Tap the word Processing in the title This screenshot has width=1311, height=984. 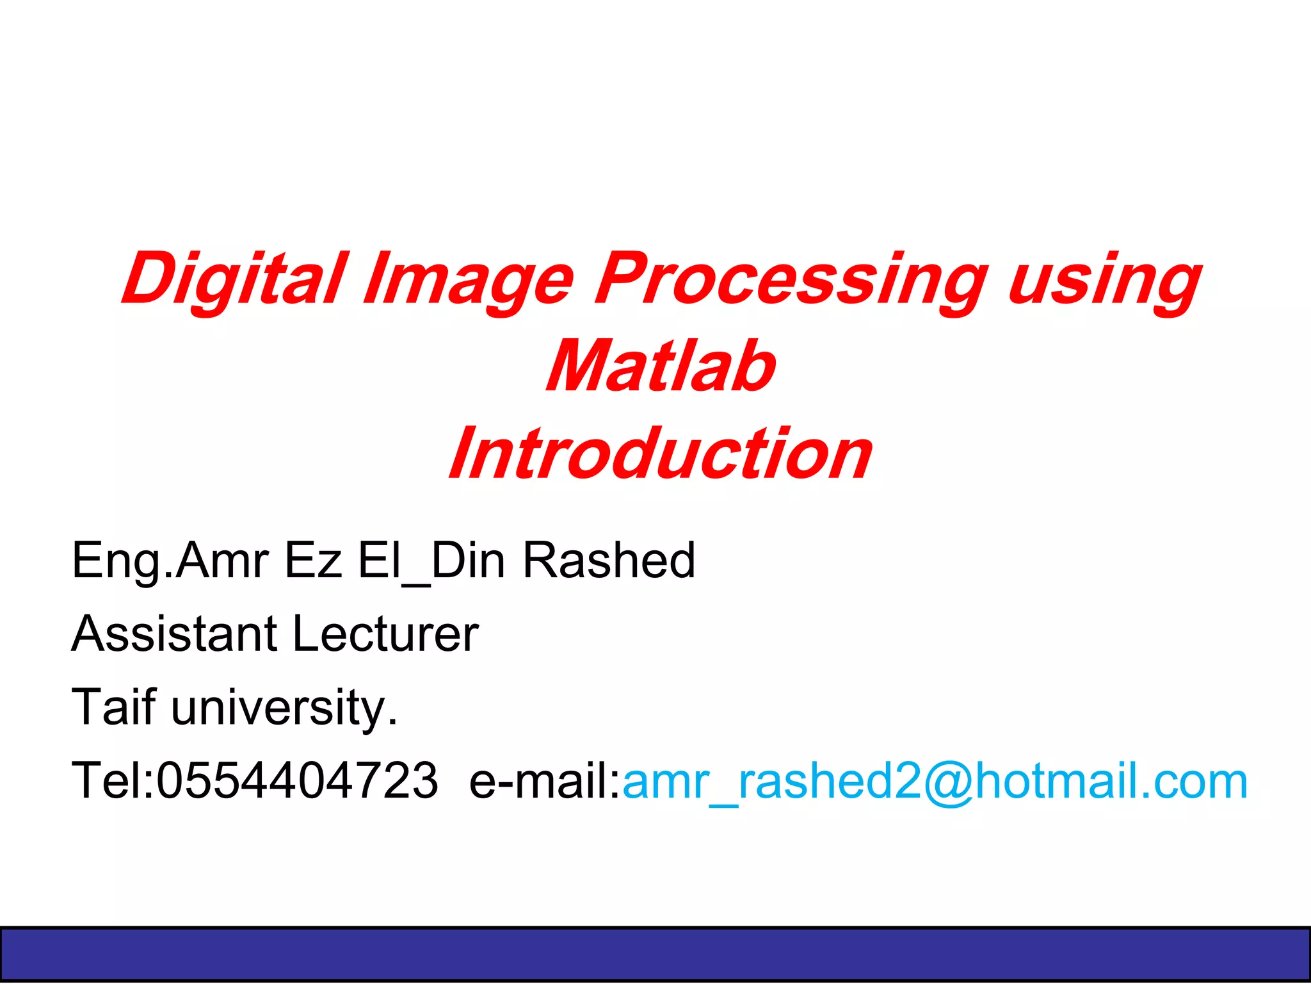coord(791,280)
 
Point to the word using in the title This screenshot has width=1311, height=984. coord(1104,280)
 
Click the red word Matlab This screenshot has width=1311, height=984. coord(661,366)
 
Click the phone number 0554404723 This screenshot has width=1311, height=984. coord(298,780)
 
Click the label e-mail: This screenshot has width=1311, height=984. coord(545,780)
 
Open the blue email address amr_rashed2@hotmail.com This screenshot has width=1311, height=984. coord(935,780)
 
